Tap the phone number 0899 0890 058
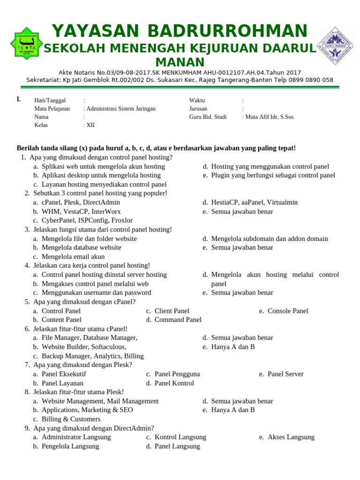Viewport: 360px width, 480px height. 310,80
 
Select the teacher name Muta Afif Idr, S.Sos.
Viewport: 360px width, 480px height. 270,117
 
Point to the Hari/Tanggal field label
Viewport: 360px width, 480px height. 50,100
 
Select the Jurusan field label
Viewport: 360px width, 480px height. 198,108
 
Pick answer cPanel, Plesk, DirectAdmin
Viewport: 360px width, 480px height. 81,202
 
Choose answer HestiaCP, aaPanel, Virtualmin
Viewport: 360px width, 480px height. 254,202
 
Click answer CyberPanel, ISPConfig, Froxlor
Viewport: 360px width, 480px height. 87,220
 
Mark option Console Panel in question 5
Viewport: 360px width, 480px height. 288,311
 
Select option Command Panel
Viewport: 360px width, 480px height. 178,320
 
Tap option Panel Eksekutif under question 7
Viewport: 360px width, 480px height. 64,374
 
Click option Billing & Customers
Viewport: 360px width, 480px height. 71,419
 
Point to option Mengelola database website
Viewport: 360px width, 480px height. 81,247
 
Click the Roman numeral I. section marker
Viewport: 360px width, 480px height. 19,99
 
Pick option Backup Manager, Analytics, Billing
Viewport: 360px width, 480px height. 92,356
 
